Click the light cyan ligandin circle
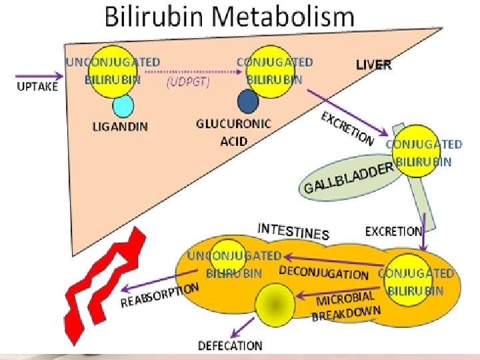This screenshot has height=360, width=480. pos(123,105)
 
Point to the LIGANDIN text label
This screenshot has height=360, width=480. pos(120,127)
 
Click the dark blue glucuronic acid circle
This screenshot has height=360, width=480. pos(248,101)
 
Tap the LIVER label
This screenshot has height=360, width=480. pos(373,65)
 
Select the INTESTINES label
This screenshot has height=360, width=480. pos(293,231)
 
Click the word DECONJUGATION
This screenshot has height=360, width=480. pos(323,273)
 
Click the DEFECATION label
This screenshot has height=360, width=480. pos(230,345)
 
